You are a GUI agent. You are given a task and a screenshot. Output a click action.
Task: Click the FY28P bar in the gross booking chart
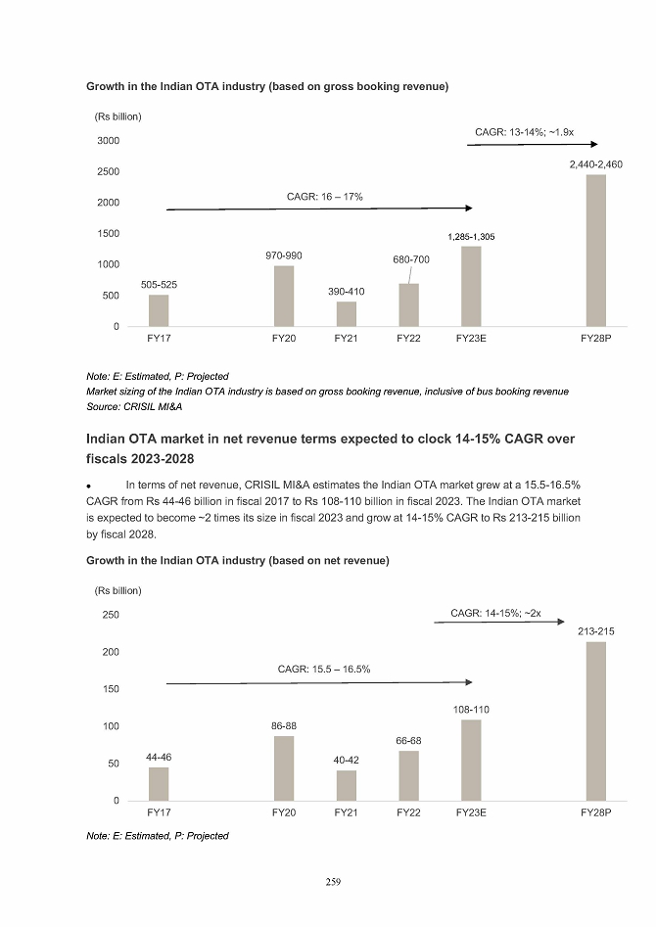point(595,251)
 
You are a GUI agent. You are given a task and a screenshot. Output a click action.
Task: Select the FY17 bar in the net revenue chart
point(159,784)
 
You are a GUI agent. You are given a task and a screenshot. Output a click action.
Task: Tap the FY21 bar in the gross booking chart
point(346,313)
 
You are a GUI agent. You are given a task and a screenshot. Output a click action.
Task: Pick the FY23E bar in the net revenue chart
point(471,761)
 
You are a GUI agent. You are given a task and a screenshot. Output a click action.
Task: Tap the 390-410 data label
point(346,292)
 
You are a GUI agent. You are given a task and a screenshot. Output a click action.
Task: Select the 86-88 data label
point(284,726)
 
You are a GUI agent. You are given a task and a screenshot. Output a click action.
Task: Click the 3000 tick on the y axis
point(108,141)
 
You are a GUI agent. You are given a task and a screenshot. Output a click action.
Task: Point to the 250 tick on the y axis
point(110,615)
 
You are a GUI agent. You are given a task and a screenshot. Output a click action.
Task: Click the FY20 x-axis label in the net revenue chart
point(284,813)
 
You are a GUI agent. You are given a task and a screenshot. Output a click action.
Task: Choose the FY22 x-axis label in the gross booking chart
point(408,339)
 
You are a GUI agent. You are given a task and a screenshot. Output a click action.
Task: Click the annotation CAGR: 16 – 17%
point(325,197)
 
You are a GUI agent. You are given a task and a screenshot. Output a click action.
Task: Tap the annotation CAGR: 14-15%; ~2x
point(495,613)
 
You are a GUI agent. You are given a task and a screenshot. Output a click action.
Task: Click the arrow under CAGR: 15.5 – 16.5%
point(318,682)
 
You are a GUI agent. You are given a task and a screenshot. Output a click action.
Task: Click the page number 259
point(333,882)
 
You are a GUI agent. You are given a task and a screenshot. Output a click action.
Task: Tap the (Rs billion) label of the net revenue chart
point(117,590)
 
